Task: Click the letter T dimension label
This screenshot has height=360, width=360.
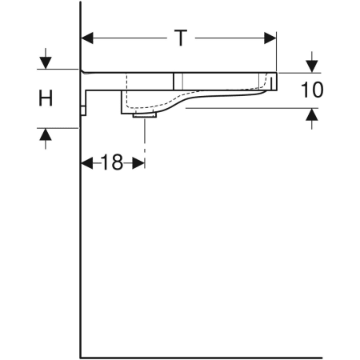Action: click(x=181, y=38)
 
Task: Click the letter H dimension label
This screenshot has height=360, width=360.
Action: click(x=46, y=98)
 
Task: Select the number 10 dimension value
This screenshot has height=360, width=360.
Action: click(x=312, y=90)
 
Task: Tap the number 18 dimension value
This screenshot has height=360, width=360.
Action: click(x=112, y=162)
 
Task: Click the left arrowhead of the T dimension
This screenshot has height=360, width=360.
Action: click(x=87, y=38)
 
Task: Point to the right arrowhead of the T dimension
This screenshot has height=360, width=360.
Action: click(x=270, y=38)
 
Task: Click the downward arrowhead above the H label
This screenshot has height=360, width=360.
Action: click(x=46, y=63)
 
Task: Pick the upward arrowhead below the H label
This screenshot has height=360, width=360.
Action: click(x=46, y=134)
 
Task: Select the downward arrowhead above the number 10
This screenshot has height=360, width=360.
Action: click(x=312, y=66)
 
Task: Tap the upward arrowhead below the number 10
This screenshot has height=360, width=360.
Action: click(x=312, y=114)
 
